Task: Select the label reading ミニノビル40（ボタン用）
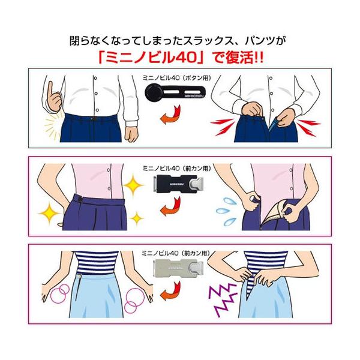coord(179,78)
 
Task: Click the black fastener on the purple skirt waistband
coord(79,197)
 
